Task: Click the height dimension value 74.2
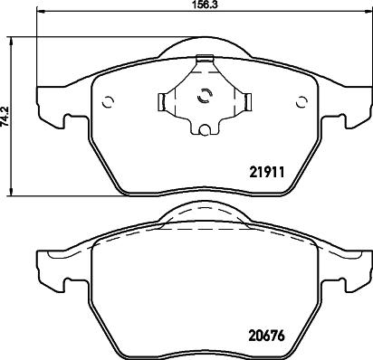point(5,117)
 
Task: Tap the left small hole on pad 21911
point(108,101)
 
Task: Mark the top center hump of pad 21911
point(204,47)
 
